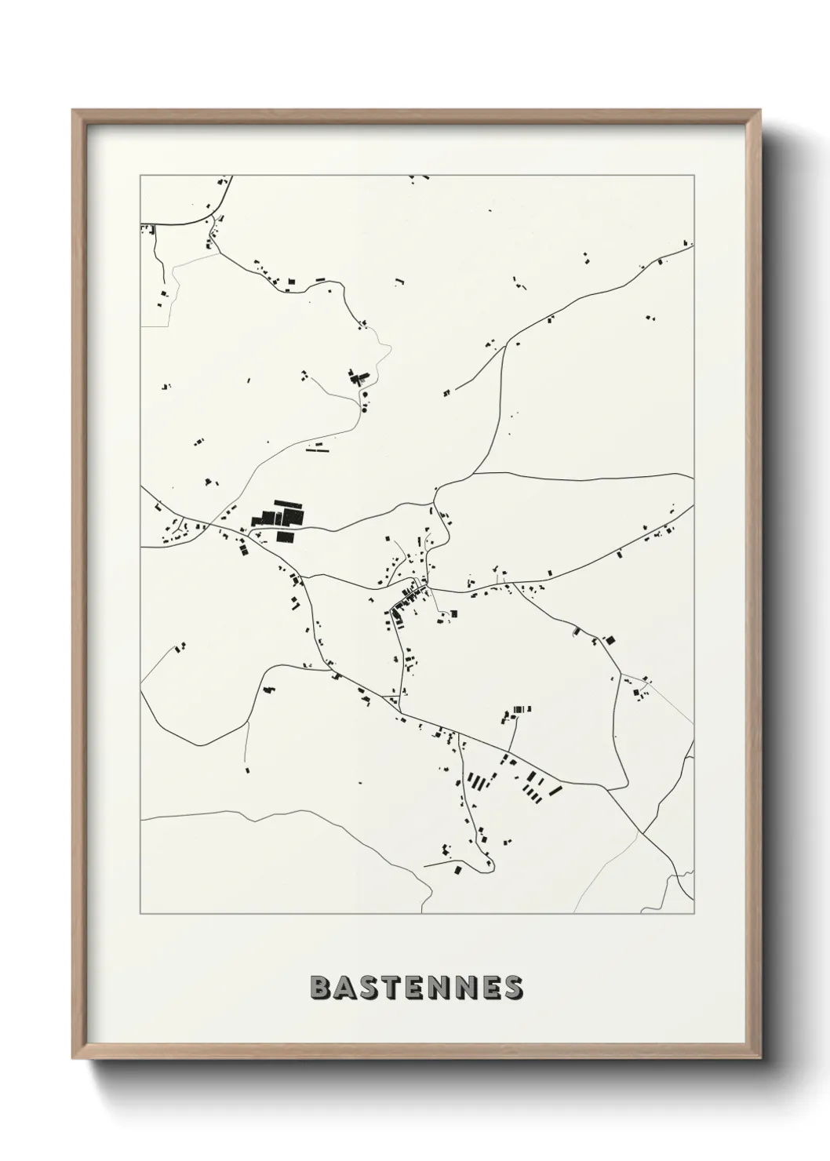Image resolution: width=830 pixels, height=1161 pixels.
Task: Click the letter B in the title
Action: click(321, 988)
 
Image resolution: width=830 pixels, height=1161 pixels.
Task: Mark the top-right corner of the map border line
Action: click(693, 176)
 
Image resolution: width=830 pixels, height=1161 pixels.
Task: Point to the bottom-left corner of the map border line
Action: click(140, 913)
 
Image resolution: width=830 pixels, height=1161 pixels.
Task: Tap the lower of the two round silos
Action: click(363, 409)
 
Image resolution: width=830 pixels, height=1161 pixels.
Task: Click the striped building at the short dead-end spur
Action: click(519, 710)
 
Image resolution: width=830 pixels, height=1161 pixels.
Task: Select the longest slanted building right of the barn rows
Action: click(555, 791)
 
